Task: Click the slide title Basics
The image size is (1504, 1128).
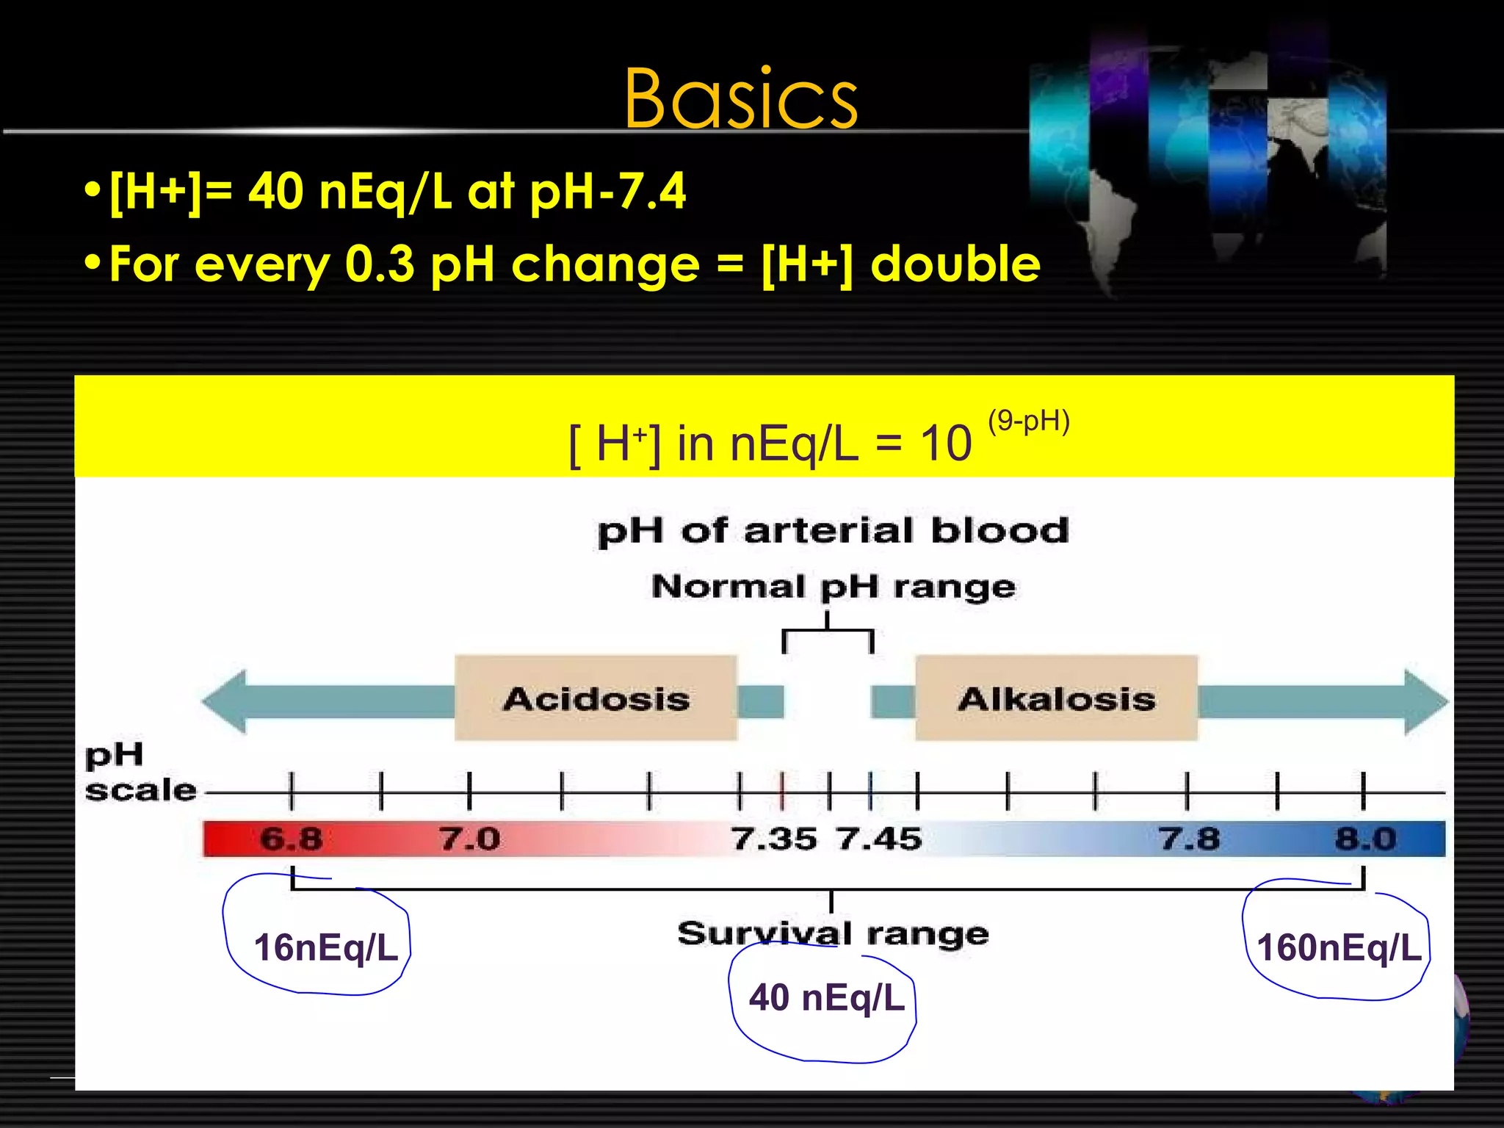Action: point(740,99)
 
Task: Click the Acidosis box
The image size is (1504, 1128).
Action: point(596,698)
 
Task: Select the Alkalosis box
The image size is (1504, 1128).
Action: point(1056,698)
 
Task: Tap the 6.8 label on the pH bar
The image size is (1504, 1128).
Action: point(292,839)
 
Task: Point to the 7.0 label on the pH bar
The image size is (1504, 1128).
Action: point(470,839)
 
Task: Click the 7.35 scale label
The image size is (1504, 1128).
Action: point(774,839)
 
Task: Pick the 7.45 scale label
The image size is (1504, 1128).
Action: point(879,839)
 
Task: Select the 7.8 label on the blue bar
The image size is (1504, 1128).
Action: point(1189,839)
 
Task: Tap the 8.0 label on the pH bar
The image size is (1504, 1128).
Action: point(1365,839)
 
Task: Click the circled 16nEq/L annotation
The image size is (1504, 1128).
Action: point(325,947)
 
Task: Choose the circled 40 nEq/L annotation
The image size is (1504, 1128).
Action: point(826,997)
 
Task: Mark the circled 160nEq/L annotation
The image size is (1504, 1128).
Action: point(1339,947)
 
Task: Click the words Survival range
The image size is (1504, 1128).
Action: point(833,934)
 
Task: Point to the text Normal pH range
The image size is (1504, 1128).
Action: point(834,587)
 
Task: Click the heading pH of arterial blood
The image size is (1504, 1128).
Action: point(833,531)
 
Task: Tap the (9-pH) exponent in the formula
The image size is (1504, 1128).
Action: point(1028,422)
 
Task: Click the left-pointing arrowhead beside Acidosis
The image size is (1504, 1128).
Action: point(225,701)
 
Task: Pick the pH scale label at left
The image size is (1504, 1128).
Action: point(140,773)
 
